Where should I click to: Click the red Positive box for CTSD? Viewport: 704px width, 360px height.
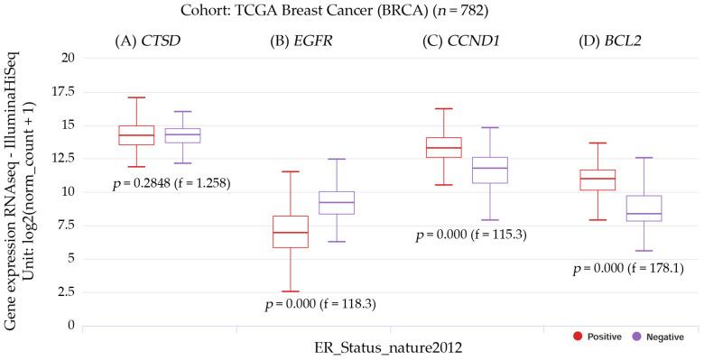tap(136, 135)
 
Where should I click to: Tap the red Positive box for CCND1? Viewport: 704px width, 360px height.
tap(444, 147)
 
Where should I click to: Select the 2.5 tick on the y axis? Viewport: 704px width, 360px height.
tap(64, 292)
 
